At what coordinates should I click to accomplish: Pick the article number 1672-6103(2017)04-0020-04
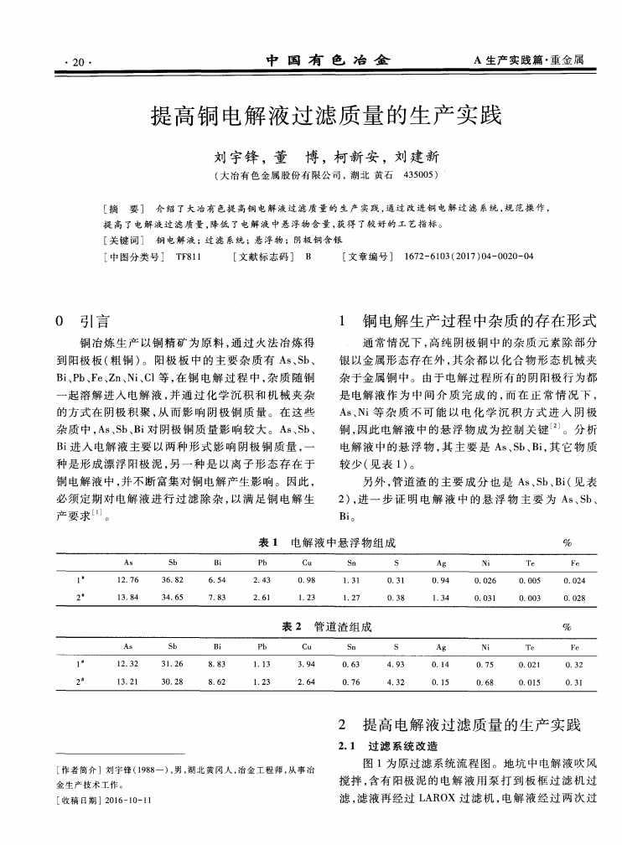pos(468,257)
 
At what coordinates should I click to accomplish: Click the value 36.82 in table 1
pos(174,580)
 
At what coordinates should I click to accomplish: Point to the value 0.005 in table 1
pos(529,580)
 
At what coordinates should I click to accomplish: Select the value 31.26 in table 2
pos(174,664)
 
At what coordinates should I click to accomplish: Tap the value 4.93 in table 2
pos(395,664)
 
